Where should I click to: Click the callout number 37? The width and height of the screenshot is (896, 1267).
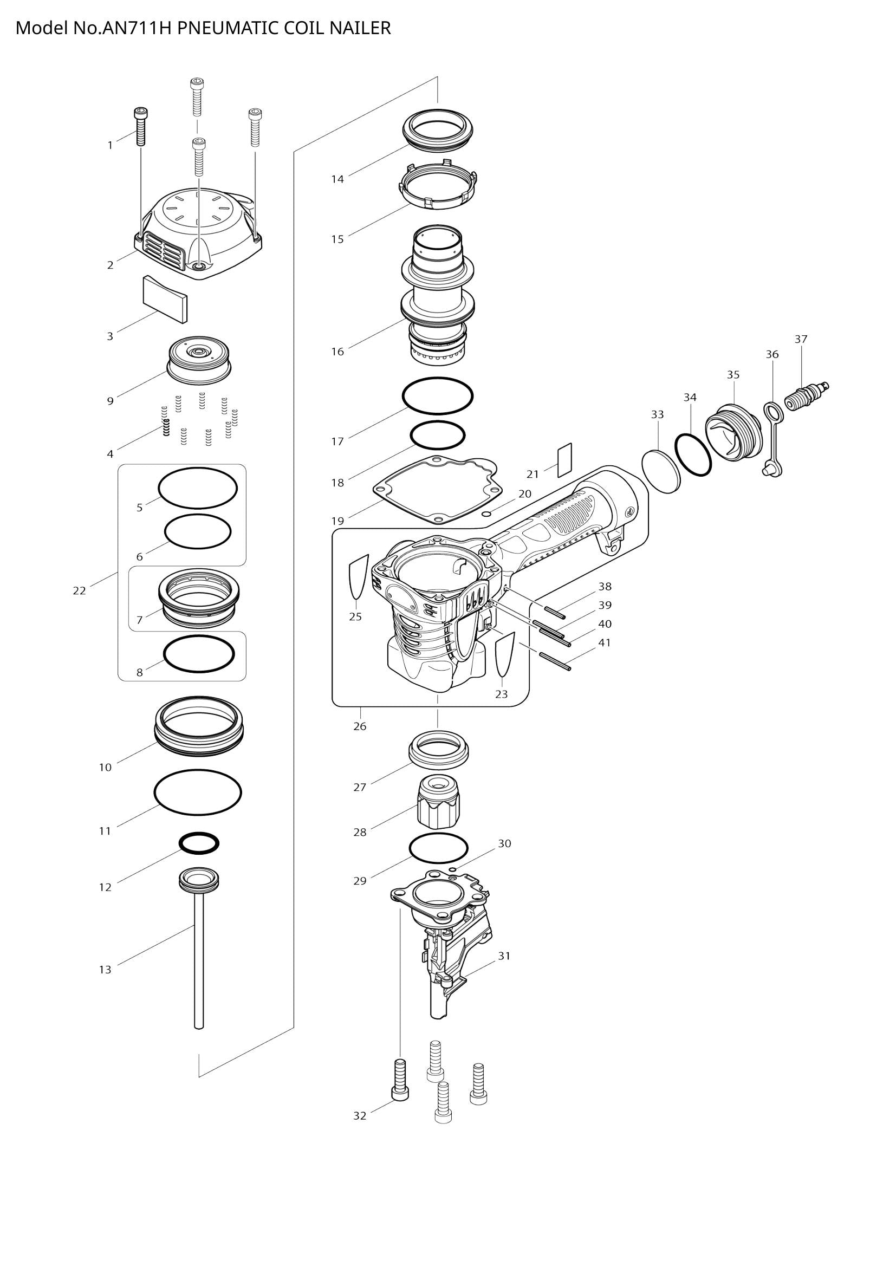tap(801, 340)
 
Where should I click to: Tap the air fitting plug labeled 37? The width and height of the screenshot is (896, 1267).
tap(805, 396)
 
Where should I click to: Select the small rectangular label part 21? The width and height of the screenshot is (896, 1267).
tap(564, 460)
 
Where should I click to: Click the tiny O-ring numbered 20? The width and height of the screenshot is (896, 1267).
tap(486, 514)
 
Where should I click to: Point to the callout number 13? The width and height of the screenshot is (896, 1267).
tap(106, 970)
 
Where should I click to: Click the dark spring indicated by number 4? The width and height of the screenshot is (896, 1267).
tap(166, 426)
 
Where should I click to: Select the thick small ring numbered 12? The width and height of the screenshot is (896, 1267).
tap(199, 843)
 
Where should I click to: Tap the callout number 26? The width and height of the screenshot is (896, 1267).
tap(360, 726)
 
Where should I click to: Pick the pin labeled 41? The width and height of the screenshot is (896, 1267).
tap(555, 661)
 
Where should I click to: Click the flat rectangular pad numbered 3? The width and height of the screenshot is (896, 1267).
tap(165, 299)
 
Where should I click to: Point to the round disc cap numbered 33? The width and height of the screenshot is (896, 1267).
tap(661, 471)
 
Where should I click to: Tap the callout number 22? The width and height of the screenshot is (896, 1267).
tap(80, 590)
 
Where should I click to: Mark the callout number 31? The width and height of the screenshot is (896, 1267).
tap(504, 956)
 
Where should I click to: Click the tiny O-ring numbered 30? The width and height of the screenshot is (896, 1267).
tap(452, 868)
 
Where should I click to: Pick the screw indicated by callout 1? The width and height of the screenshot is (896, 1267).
tap(141, 126)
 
